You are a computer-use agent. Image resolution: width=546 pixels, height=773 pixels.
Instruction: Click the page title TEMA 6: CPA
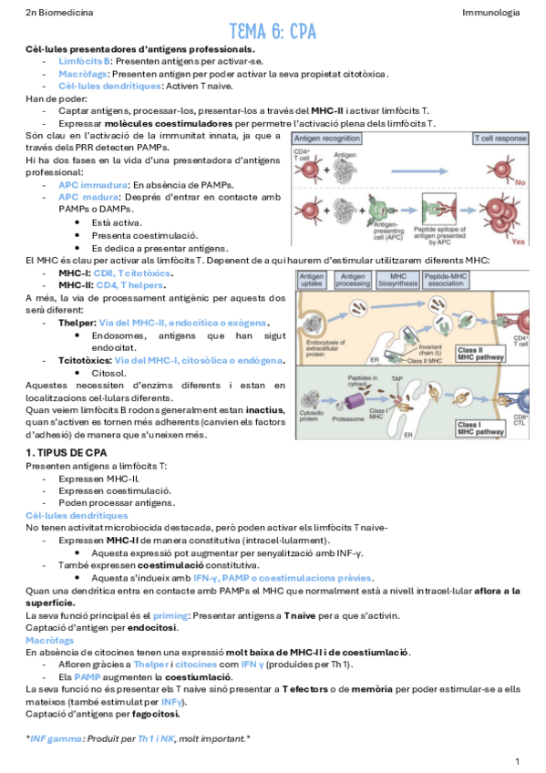click(273, 32)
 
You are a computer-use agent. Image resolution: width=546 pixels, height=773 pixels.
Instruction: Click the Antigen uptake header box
click(312, 279)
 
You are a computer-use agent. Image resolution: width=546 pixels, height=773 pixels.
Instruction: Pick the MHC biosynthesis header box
click(398, 279)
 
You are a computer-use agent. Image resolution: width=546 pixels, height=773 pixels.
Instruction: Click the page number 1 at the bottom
click(517, 759)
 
